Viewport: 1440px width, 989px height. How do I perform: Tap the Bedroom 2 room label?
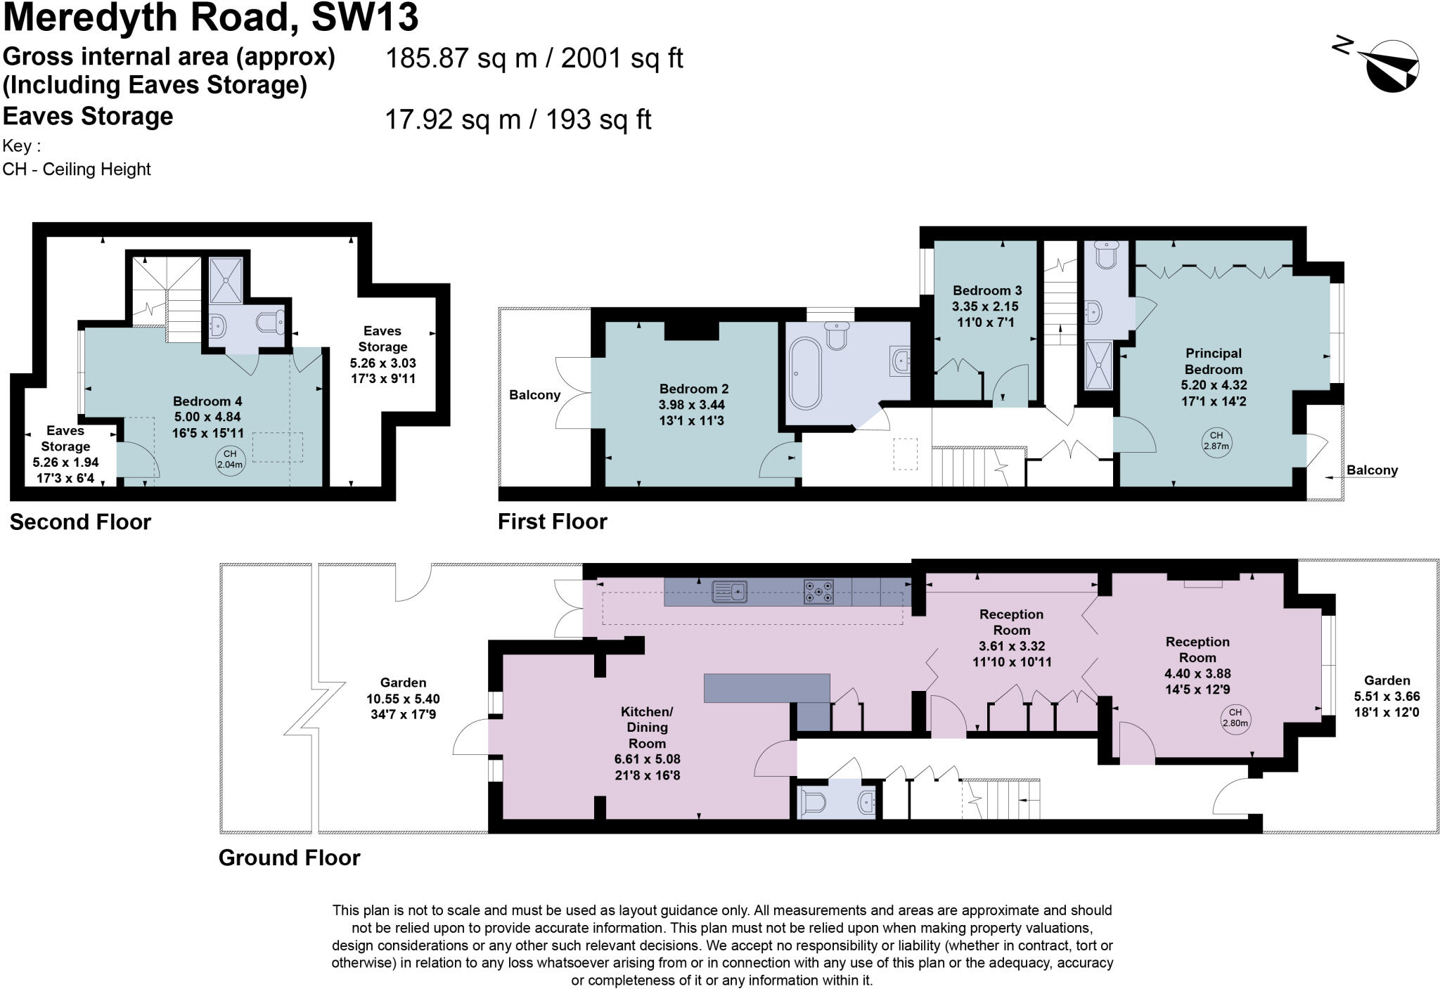[693, 389]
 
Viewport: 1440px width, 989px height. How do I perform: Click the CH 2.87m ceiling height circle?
[1216, 441]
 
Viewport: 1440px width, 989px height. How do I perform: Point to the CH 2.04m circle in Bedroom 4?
[230, 459]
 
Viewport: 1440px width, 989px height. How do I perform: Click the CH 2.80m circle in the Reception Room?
[1235, 718]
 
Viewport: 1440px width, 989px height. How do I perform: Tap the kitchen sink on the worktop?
[728, 592]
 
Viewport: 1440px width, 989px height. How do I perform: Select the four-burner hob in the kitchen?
[818, 592]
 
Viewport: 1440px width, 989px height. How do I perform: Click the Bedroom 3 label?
[986, 290]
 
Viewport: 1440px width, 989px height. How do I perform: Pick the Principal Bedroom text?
[1213, 361]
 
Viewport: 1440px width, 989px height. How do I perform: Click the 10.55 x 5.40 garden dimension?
[403, 699]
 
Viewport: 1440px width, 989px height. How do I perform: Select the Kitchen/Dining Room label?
[647, 727]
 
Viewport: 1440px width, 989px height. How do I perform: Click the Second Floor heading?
[80, 522]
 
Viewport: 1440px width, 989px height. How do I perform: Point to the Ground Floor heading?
[289, 858]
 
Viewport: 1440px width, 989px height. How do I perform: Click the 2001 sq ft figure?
[622, 58]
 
